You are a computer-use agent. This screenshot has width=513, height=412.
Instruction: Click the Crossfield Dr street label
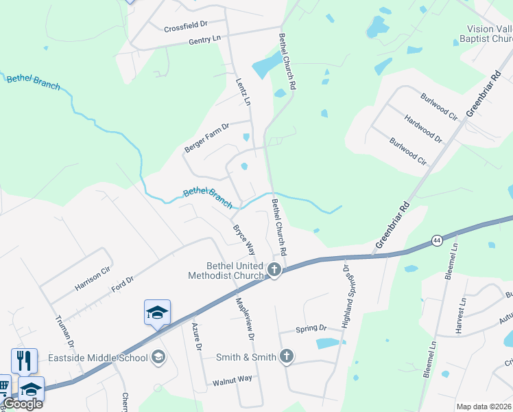[186, 28]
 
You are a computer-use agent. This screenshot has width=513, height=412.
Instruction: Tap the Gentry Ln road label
[206, 42]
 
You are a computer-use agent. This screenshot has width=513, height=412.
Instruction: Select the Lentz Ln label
[242, 90]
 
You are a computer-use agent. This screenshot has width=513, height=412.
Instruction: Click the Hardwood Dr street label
[423, 129]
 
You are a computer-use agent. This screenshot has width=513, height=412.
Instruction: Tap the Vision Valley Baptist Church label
[488, 34]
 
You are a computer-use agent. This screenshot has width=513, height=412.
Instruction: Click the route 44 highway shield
[437, 240]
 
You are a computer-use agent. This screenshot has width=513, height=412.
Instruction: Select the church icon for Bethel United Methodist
[274, 269]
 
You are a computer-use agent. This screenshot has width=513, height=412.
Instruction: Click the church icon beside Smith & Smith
[287, 356]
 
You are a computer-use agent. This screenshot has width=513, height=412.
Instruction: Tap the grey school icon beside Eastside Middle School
[158, 356]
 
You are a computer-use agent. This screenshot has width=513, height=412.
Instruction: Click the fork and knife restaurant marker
[24, 360]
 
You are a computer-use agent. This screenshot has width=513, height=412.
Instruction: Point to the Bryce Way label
[244, 239]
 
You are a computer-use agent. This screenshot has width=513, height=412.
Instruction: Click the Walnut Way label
[232, 378]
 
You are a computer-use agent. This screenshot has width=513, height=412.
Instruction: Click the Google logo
[23, 404]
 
